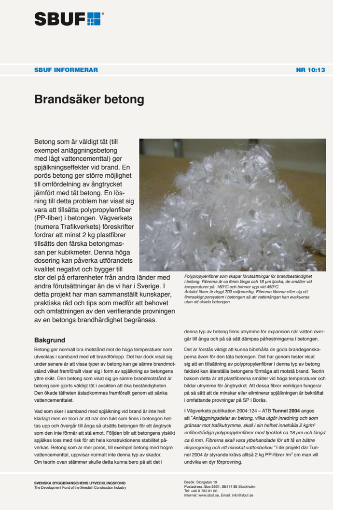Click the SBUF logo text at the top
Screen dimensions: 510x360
tap(60, 19)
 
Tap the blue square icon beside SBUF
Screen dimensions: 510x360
tap(94, 19)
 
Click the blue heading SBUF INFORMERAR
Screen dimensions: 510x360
tap(66, 70)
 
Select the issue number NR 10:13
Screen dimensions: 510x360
tap(310, 70)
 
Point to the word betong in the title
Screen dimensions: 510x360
tap(126, 100)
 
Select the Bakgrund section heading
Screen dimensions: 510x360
tap(50, 340)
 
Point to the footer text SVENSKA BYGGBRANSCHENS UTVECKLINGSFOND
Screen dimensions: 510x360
tap(80, 482)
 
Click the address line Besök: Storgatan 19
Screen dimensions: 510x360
tap(201, 482)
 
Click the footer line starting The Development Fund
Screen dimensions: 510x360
tap(80, 487)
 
